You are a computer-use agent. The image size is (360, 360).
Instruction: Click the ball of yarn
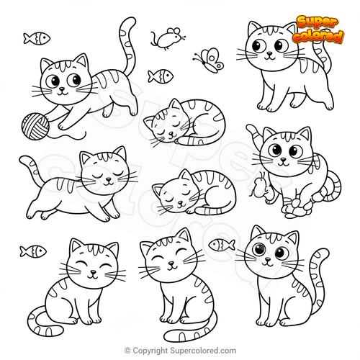35,127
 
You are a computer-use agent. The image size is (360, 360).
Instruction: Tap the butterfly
210,60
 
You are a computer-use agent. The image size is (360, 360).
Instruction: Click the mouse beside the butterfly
168,37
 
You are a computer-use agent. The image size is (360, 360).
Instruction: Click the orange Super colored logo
318,30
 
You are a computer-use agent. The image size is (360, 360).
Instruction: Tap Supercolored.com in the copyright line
202,351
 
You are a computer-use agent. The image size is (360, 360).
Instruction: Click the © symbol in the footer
127,351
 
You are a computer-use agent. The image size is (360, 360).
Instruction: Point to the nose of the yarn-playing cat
62,89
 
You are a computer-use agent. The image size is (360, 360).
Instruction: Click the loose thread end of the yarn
85,132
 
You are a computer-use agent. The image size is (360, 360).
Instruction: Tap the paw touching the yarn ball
49,118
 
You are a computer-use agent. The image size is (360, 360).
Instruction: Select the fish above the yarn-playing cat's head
37,38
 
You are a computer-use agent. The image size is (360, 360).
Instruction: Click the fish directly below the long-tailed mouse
161,76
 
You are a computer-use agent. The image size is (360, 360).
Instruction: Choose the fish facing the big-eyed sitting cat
221,245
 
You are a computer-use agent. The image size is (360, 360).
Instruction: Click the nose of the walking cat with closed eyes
109,179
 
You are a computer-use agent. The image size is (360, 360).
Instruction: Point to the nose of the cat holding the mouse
284,159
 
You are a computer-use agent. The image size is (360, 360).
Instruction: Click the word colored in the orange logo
318,36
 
